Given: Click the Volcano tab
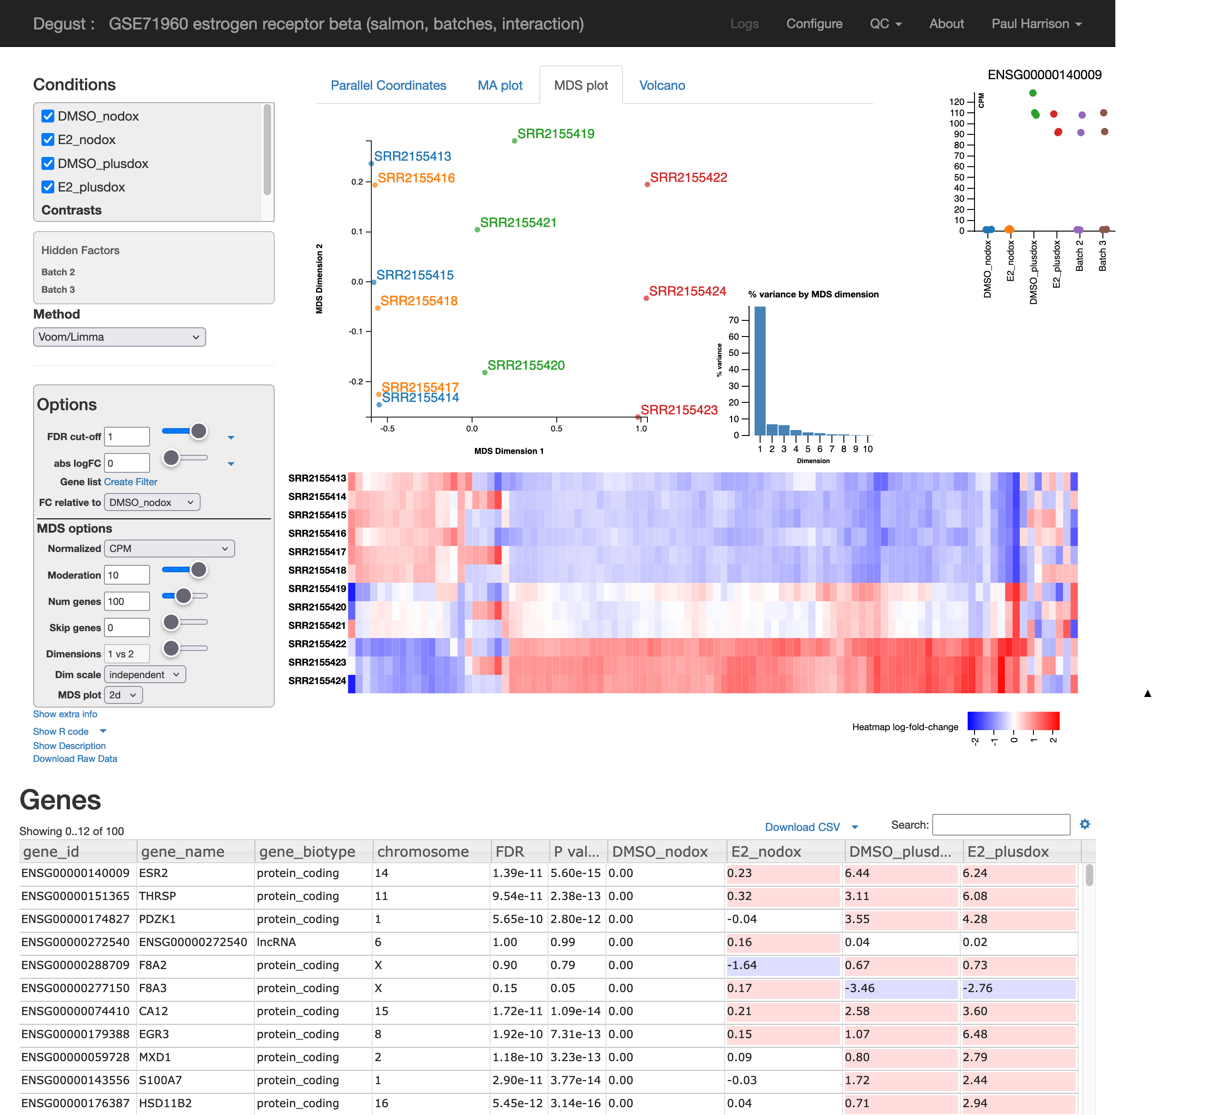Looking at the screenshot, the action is click(x=662, y=86).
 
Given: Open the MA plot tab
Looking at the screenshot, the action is click(x=500, y=86).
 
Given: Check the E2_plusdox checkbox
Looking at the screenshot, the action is click(x=48, y=187).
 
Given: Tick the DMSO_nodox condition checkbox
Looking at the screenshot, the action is click(x=48, y=116).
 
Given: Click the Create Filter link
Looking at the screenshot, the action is click(x=130, y=482).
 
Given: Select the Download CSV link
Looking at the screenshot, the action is click(x=802, y=827).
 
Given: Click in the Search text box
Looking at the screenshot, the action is click(x=1001, y=825).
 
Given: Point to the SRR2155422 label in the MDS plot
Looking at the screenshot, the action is click(x=688, y=177).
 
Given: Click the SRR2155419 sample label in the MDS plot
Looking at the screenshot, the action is click(x=556, y=134).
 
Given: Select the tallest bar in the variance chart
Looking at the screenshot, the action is click(x=760, y=371).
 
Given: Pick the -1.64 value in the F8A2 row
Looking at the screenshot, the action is click(x=742, y=965).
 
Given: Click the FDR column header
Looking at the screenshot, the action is click(x=510, y=852).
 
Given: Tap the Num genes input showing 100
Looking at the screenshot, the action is click(x=127, y=602).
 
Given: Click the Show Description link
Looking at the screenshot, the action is click(x=69, y=746).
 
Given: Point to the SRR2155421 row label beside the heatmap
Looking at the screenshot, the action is click(x=317, y=625).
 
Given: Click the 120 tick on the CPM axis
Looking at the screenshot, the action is click(x=957, y=102).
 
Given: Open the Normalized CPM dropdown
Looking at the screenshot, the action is click(x=169, y=549).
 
